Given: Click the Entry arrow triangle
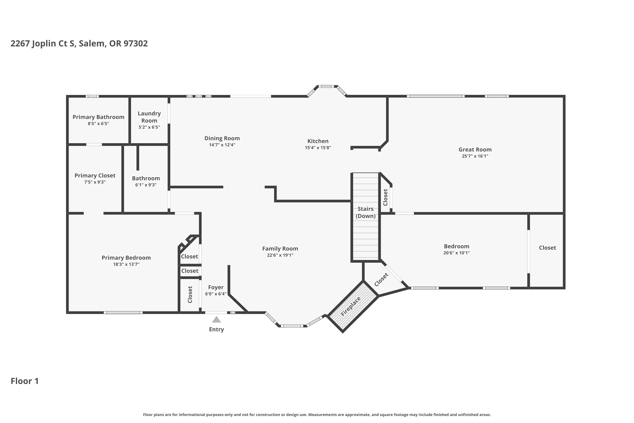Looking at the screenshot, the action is click(216, 319).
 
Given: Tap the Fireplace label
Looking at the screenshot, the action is click(350, 307).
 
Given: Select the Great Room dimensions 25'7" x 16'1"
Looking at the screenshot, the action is click(475, 156).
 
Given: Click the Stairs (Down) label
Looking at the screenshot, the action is click(366, 212).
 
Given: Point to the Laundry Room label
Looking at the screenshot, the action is click(149, 117).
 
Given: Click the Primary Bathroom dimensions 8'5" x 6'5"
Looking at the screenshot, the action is click(98, 124).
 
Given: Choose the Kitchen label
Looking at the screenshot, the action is click(318, 141).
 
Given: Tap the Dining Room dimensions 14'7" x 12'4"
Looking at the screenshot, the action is click(222, 145).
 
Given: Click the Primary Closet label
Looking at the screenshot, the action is click(95, 176).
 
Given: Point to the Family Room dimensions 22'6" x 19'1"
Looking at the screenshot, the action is click(280, 255).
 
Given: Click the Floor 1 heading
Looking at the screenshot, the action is click(25, 381).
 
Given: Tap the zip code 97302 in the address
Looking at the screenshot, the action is click(136, 43).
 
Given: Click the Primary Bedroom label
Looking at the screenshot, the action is click(126, 258).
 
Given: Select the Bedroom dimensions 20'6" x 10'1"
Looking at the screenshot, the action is click(457, 253).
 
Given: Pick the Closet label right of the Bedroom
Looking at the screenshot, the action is click(548, 248).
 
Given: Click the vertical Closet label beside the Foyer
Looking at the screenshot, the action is click(190, 295).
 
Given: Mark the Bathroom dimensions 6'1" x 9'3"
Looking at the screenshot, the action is click(146, 185).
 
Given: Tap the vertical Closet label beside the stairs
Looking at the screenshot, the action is click(385, 197).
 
